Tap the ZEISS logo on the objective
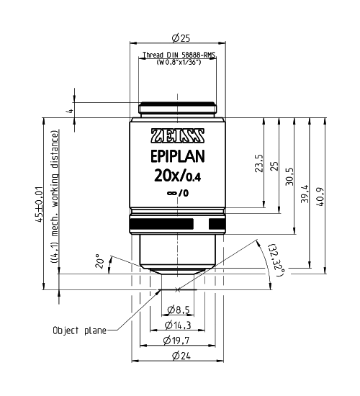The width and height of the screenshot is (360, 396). coord(177,136)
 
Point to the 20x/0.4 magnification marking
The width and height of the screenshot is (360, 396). coord(177,177)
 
